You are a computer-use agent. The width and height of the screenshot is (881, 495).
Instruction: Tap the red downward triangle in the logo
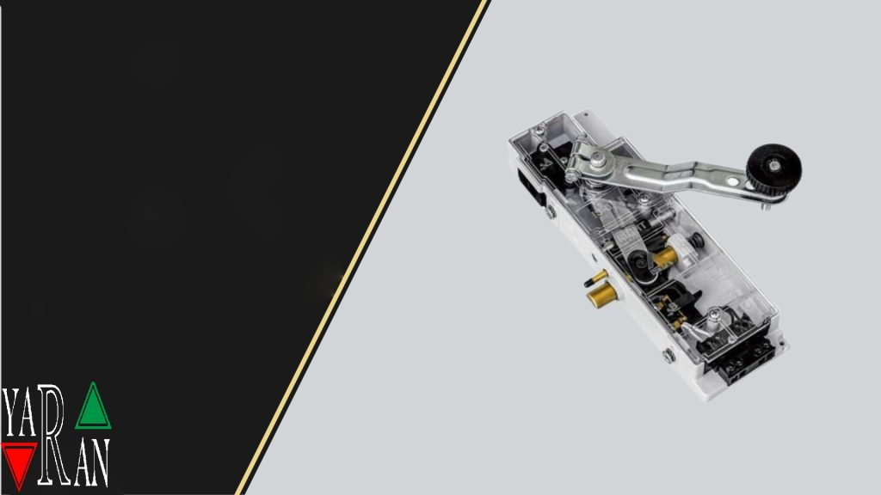click(x=19, y=461)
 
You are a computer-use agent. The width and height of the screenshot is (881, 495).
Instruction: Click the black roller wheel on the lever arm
click(x=773, y=168)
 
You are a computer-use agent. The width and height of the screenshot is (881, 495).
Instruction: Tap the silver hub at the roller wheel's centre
click(x=774, y=166)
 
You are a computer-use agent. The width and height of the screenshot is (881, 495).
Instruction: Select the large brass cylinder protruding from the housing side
click(x=600, y=296)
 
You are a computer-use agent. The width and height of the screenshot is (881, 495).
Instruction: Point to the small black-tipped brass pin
click(x=595, y=278)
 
